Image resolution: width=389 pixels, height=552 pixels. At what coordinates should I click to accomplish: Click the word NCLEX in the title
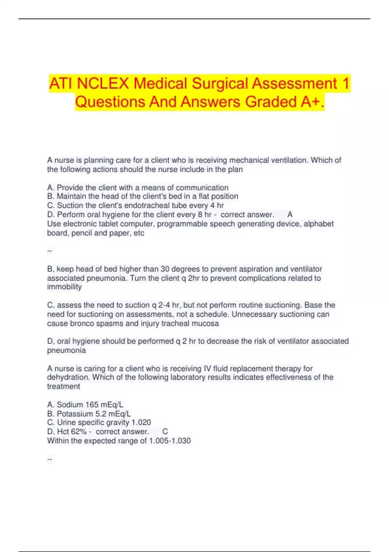click(x=103, y=83)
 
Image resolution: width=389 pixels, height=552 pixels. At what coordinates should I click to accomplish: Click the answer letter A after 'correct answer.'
click(x=290, y=215)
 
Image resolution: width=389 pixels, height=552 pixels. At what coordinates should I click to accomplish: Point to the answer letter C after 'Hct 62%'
click(x=165, y=432)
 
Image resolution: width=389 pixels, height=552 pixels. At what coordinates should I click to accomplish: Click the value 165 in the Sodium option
click(x=92, y=405)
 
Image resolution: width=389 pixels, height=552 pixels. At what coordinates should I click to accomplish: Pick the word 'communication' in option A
click(x=202, y=188)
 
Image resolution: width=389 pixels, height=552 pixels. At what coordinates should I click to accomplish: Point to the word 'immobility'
click(x=64, y=287)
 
